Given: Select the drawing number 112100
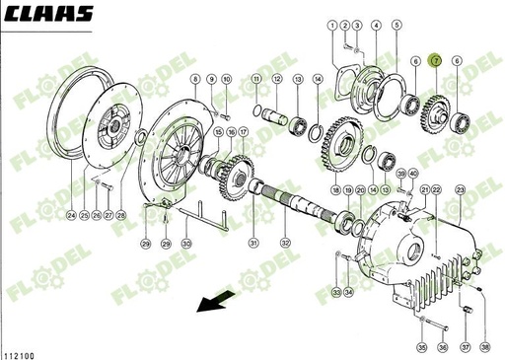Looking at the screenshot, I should click(22, 350).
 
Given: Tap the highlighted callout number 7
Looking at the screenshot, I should click(436, 61).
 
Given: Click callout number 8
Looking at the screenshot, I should click(196, 78).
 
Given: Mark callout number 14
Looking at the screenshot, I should click(318, 78).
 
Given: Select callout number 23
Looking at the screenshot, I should click(460, 188).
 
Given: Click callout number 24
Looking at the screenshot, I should click(71, 214).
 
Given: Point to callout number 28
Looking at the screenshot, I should click(121, 214).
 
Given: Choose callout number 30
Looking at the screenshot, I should click(185, 243).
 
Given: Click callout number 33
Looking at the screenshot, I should click(335, 293).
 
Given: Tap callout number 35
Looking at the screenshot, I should click(421, 347).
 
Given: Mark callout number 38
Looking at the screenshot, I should click(484, 347).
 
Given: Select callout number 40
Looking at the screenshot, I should click(412, 174).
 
